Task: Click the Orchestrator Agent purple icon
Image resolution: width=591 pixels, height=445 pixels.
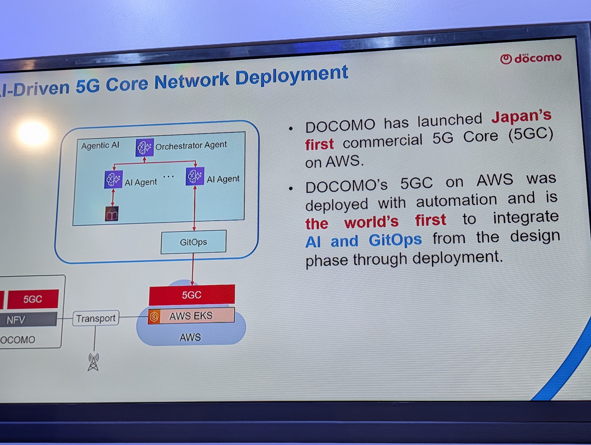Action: coord(144,147)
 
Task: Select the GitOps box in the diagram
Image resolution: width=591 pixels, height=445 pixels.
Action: coord(193,242)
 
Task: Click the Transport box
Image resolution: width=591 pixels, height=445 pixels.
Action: coord(96,318)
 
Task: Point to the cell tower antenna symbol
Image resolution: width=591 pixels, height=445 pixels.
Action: coord(93,362)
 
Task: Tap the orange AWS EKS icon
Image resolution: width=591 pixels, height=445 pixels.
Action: coord(154,316)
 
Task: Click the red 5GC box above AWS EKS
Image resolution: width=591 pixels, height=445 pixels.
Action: coord(191,295)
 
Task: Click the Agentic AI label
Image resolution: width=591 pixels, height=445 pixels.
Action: coord(100,145)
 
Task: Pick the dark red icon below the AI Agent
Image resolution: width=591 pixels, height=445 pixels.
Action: coord(112,214)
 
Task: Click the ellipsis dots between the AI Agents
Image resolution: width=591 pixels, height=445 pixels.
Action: coord(168,176)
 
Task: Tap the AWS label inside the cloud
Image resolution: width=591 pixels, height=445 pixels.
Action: coord(190,337)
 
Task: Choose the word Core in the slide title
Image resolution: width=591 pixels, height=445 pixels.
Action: coord(127,84)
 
